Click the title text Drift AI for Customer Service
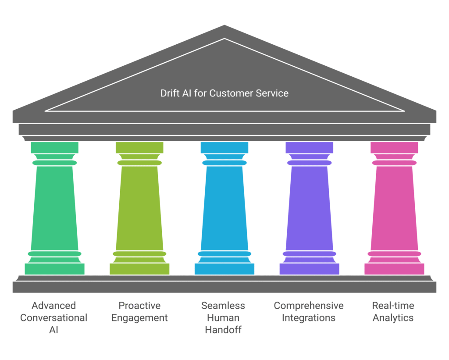coord(224,93)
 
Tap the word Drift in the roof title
coord(169,93)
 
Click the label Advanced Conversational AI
coord(53,317)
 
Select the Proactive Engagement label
coord(139,312)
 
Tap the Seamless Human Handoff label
coord(223,317)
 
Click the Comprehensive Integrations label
coord(309,312)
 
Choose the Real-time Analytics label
coord(393,312)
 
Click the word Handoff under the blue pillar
coord(223,330)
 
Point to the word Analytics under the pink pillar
coord(393,318)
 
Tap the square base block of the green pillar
coord(54,269)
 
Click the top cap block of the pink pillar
coord(394,148)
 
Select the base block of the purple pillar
coord(309,269)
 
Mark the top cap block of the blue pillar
coord(224,148)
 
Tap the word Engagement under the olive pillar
coord(139,318)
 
